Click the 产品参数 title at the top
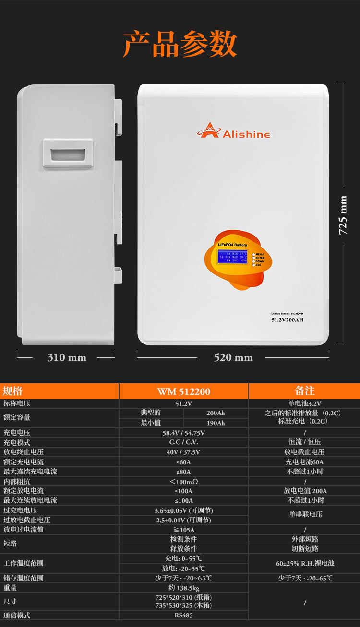coord(180,45)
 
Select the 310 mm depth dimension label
coord(67,357)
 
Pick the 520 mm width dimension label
coord(233,357)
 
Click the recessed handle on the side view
coord(67,154)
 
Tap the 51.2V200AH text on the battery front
coord(287,319)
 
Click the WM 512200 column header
coord(183,391)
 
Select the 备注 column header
coord(304,391)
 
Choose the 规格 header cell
coord(13,391)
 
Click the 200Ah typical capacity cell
coord(216,413)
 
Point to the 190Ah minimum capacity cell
coord(216,423)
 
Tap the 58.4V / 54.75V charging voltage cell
coord(183,433)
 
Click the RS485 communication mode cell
coord(183,615)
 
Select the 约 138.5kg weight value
coord(183,588)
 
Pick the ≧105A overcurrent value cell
coord(183,530)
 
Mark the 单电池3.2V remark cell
coord(304,403)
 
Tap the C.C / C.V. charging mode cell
coord(183,442)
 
